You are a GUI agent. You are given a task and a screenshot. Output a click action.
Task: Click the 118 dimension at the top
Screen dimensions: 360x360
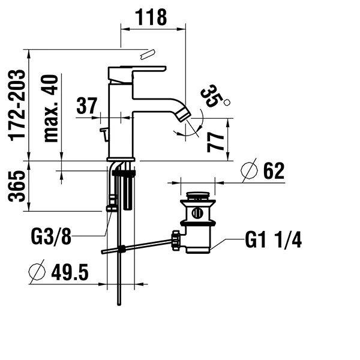click(x=151, y=17)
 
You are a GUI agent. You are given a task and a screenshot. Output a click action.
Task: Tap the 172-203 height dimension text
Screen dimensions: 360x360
click(x=17, y=106)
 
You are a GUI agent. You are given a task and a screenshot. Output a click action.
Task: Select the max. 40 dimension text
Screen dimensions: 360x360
click(x=51, y=109)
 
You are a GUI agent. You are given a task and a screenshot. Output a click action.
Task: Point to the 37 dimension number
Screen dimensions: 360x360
click(x=87, y=106)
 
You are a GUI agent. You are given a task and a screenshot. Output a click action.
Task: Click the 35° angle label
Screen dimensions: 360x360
click(x=212, y=96)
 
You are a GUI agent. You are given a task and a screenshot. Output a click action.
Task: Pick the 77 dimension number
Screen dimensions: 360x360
click(x=215, y=143)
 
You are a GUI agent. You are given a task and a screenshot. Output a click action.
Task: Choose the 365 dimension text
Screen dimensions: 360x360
click(x=17, y=186)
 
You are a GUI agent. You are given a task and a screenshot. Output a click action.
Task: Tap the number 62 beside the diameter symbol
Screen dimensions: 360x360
click(x=274, y=171)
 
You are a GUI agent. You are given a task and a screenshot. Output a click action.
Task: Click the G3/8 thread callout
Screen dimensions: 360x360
click(x=51, y=236)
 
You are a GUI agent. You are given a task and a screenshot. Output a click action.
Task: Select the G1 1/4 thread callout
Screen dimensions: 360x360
click(x=273, y=239)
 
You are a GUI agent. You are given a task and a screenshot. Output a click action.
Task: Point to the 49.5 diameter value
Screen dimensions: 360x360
click(x=70, y=272)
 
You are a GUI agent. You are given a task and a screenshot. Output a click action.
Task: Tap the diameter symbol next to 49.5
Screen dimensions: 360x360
click(x=37, y=272)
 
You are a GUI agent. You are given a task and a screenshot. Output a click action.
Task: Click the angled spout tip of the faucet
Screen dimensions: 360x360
click(x=185, y=115)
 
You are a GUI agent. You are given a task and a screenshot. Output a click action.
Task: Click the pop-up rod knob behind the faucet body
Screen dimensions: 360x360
click(x=104, y=134)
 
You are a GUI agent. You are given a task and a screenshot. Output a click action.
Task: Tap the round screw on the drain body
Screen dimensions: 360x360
click(x=197, y=213)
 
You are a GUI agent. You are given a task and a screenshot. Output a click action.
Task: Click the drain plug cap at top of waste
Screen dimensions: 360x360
click(x=197, y=196)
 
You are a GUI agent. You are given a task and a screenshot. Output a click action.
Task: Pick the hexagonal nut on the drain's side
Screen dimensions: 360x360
click(x=176, y=241)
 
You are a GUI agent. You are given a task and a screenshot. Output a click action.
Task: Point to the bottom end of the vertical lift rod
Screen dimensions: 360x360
click(x=119, y=304)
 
